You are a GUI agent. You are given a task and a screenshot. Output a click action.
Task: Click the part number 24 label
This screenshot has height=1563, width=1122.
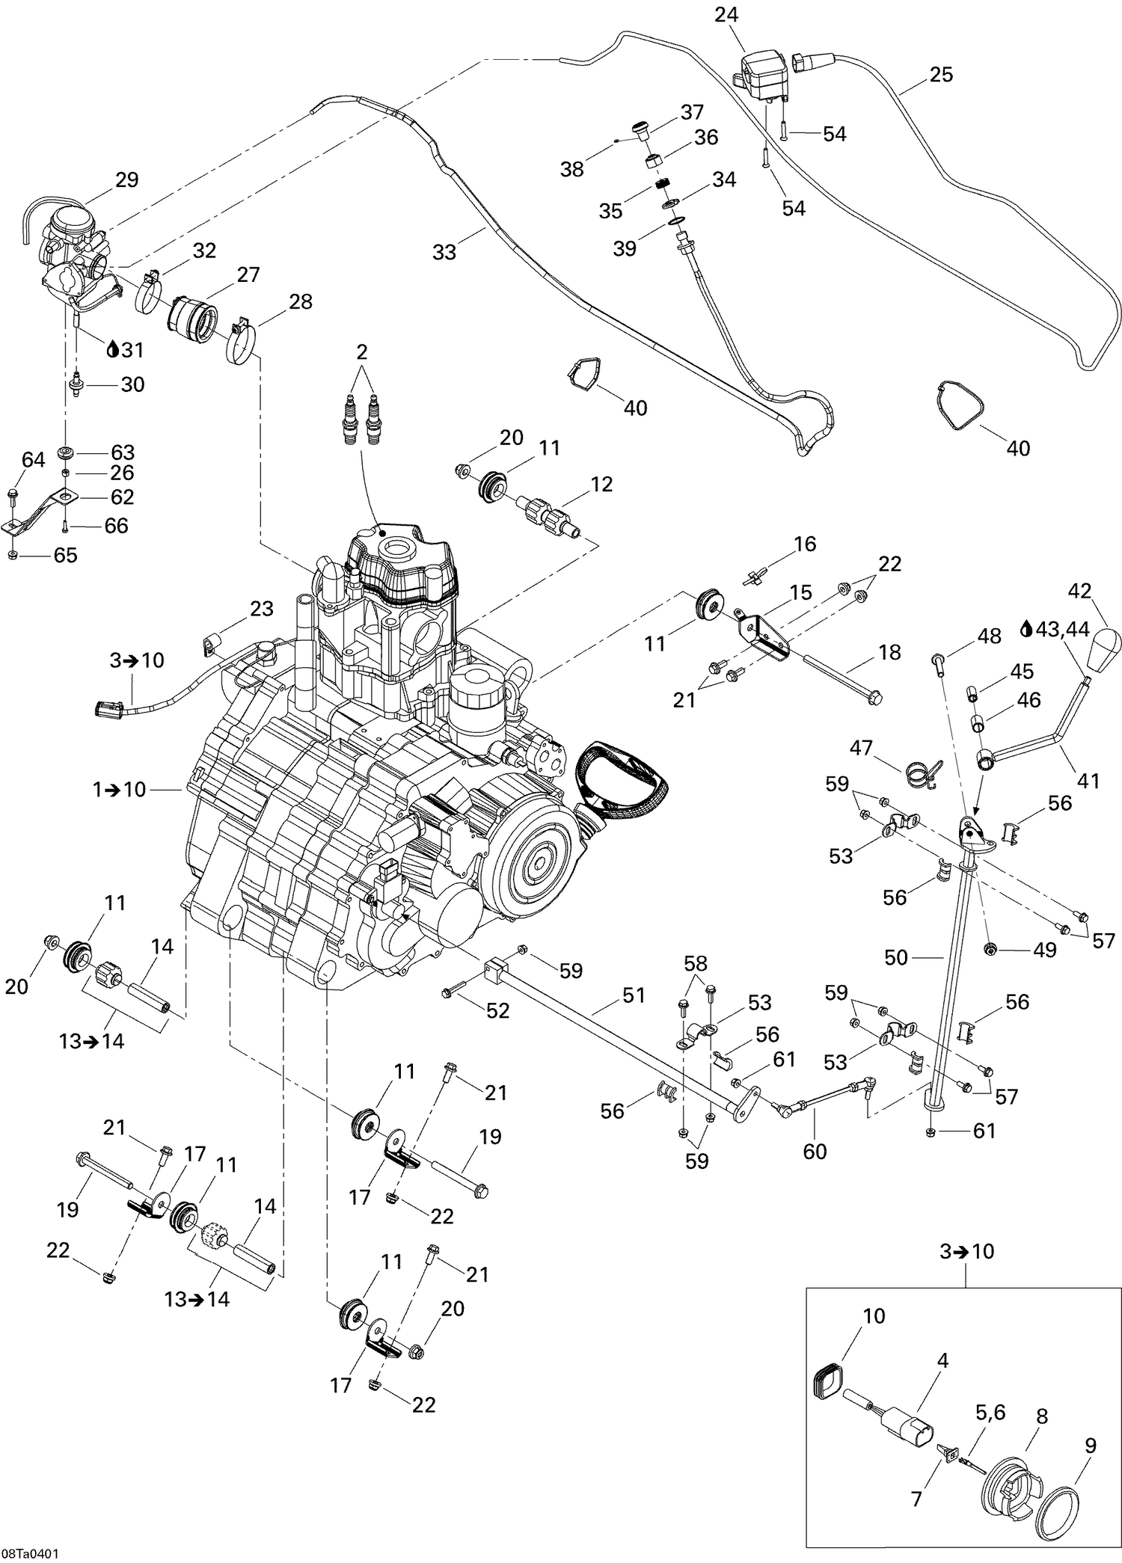coord(726,14)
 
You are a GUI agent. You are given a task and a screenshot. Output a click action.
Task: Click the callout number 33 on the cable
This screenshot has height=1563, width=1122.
coord(444,252)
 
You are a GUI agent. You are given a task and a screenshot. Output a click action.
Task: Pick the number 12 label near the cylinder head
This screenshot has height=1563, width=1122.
coord(601,484)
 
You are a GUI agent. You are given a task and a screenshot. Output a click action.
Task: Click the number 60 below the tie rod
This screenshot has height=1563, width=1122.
coord(815,1151)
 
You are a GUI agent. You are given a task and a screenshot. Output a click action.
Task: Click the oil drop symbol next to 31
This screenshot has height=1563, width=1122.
coord(113,349)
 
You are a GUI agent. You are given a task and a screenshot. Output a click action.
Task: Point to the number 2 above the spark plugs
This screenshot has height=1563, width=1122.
coord(362,351)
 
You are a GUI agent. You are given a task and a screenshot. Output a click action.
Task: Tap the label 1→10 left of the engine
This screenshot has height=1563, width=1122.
coord(119,789)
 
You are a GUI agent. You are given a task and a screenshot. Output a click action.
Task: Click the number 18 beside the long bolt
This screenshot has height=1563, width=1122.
coord(889,652)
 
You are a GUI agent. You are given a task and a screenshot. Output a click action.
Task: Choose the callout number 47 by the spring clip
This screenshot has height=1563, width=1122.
coord(861,747)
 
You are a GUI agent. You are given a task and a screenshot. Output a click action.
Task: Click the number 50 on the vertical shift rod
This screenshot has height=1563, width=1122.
coord(896,957)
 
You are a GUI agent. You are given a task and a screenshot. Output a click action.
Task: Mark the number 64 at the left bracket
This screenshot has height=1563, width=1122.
coord(33,460)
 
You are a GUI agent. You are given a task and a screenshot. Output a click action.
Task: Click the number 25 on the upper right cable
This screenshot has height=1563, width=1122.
coord(941,75)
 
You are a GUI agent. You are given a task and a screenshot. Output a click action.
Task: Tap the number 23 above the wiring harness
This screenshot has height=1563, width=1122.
coord(261,609)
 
